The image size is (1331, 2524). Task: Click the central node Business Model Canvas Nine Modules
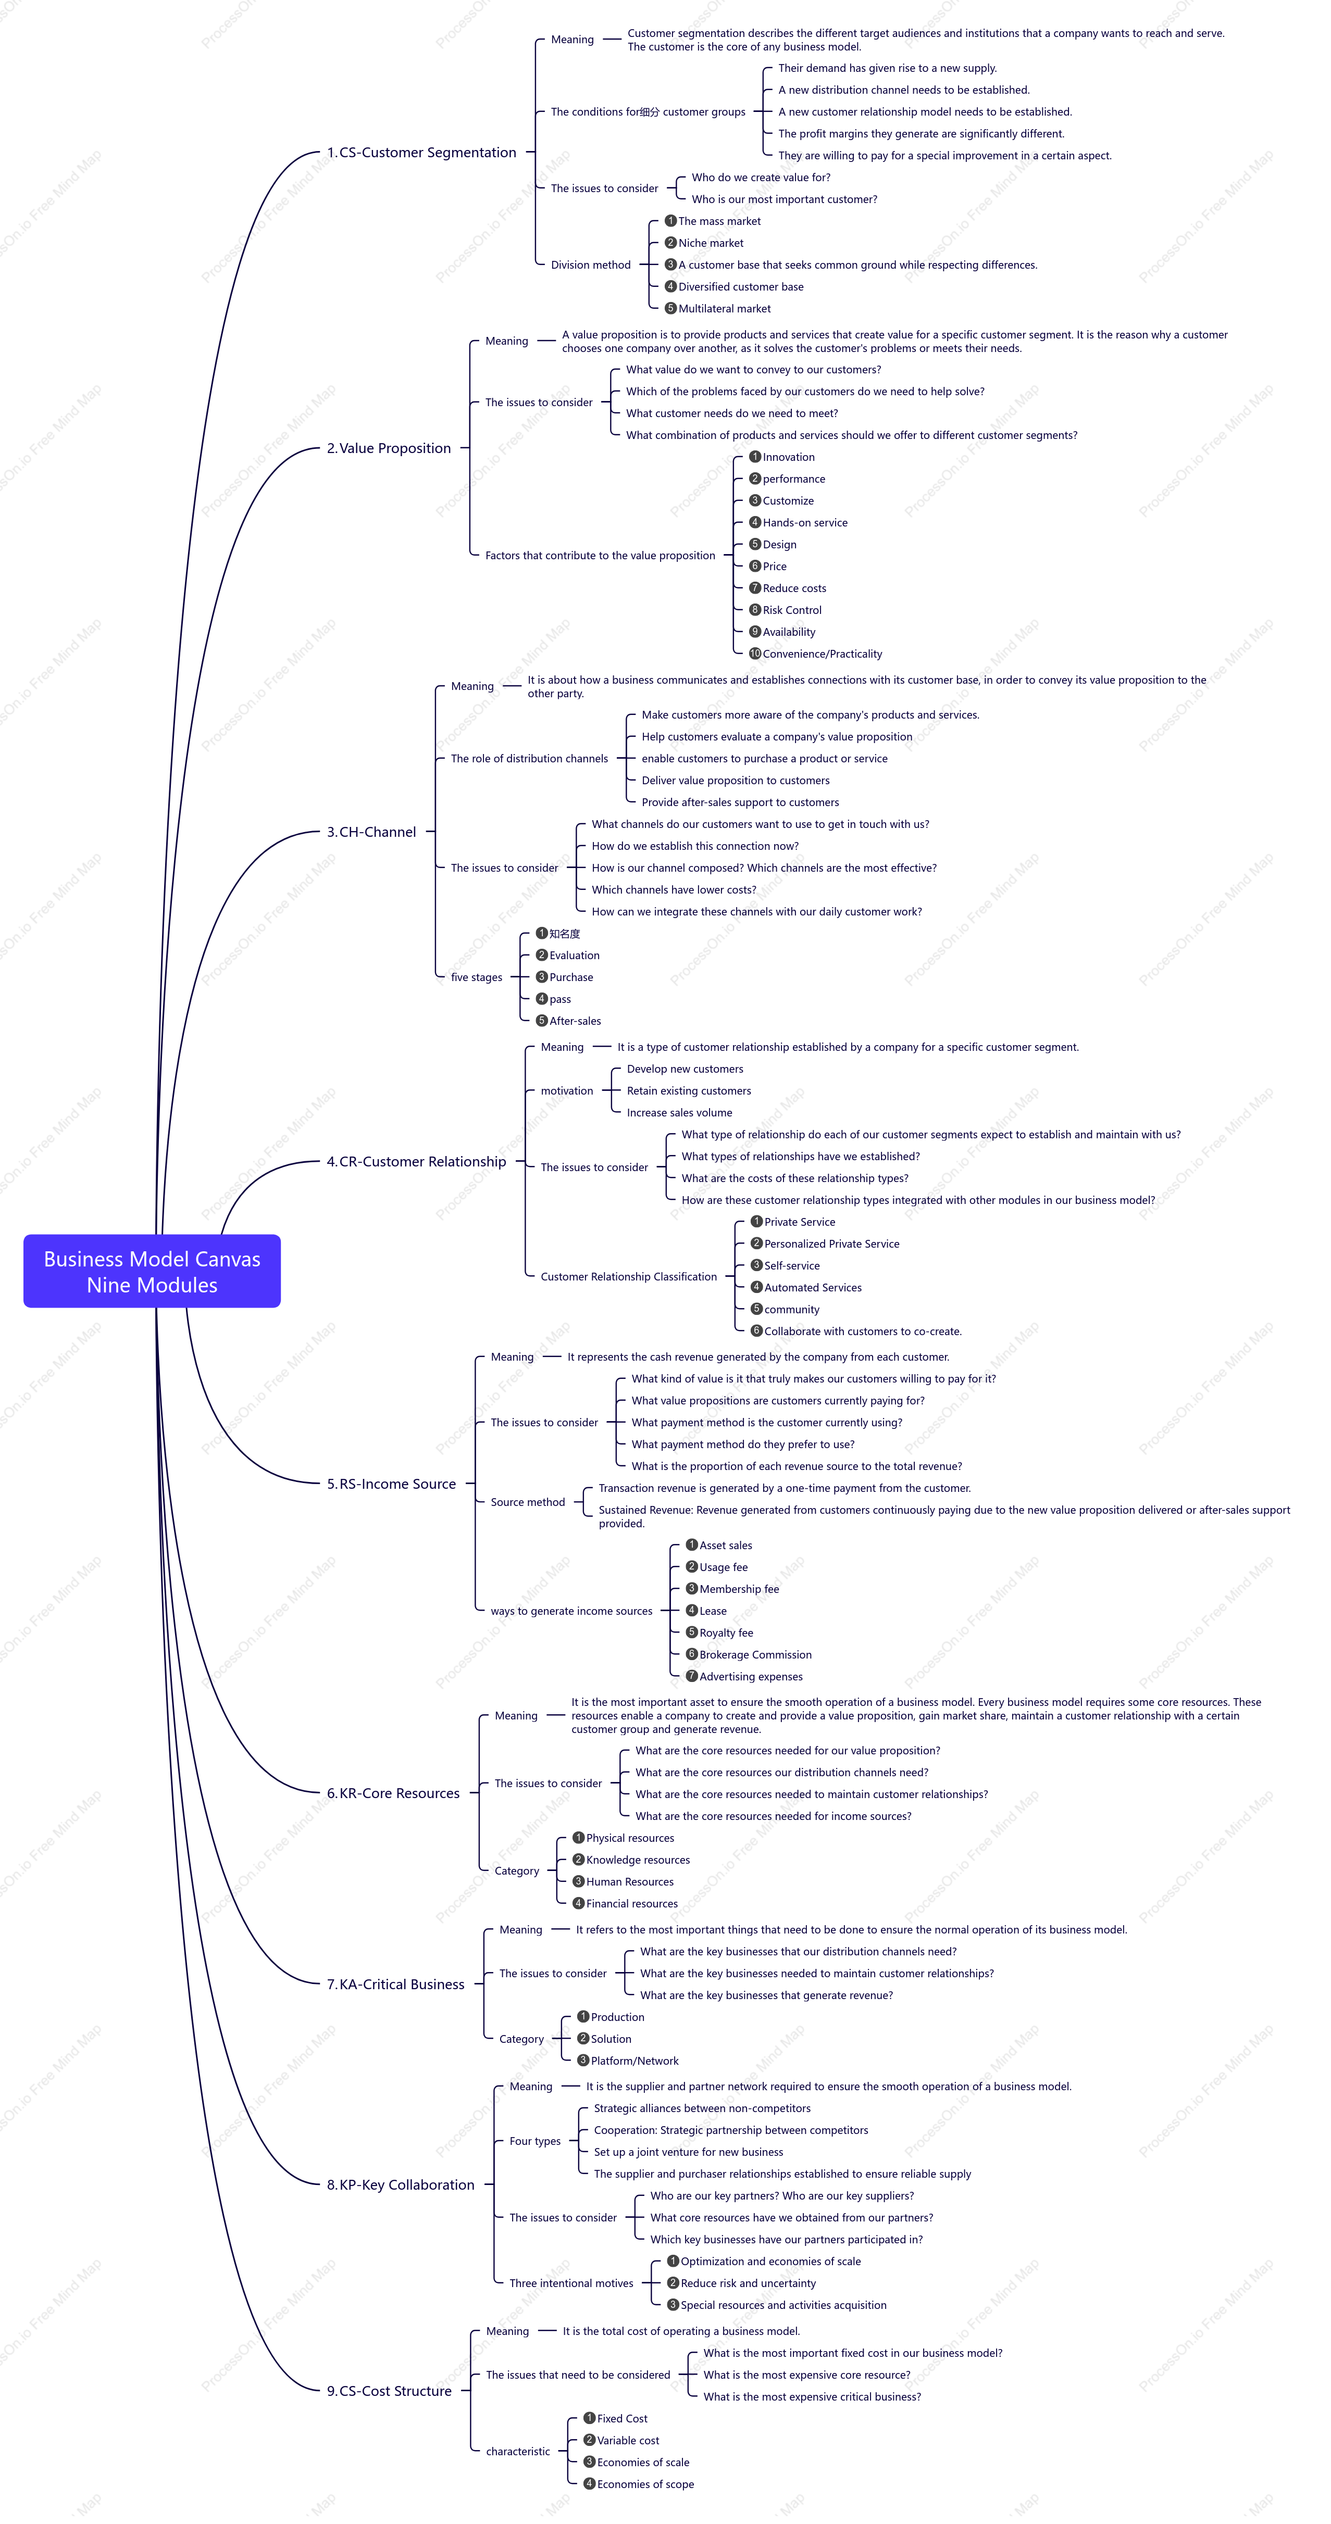[x=152, y=1271]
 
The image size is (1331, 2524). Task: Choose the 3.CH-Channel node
[x=371, y=832]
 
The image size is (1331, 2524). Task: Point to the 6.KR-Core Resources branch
[x=393, y=1793]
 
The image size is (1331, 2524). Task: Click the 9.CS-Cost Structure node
[x=389, y=2391]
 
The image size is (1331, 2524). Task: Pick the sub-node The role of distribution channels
[x=529, y=758]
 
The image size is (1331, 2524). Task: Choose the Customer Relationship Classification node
[x=628, y=1277]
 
